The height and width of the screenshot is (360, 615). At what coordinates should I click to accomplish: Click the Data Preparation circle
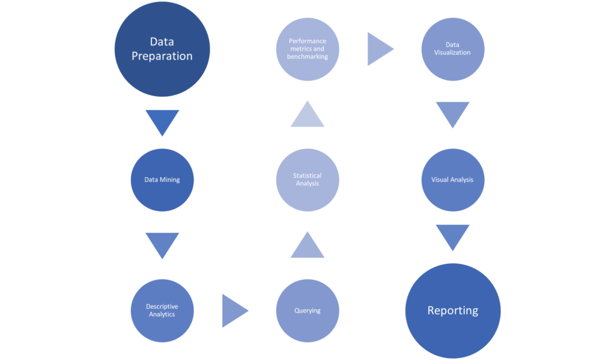162,49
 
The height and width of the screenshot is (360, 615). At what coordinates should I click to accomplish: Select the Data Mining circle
162,180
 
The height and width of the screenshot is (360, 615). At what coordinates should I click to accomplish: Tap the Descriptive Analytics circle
162,311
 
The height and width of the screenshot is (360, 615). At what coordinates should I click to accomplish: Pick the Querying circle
307,311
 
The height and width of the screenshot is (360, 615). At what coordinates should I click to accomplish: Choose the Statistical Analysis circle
307,180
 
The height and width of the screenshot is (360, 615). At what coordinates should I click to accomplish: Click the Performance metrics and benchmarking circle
307,49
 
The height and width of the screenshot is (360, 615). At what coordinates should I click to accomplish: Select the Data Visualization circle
453,49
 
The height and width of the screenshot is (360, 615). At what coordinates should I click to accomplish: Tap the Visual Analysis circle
453,180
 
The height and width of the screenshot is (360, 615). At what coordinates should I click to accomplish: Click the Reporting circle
453,311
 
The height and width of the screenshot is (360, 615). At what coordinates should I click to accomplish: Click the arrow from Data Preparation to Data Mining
162,121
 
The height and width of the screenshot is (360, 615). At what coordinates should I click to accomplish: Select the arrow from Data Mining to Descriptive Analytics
162,244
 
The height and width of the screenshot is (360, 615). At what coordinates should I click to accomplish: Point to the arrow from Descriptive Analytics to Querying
234,311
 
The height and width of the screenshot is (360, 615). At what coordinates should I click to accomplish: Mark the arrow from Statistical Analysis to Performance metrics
307,115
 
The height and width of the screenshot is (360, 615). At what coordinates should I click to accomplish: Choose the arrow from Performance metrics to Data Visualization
380,49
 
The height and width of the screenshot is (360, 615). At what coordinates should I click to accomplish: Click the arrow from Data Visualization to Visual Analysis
453,113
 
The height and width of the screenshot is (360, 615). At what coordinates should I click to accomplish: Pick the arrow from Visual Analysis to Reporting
453,236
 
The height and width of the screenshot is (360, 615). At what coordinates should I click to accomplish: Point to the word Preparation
162,56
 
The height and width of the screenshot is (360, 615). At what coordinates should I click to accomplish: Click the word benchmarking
307,56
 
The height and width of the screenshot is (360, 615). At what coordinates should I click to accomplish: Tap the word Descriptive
162,307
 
